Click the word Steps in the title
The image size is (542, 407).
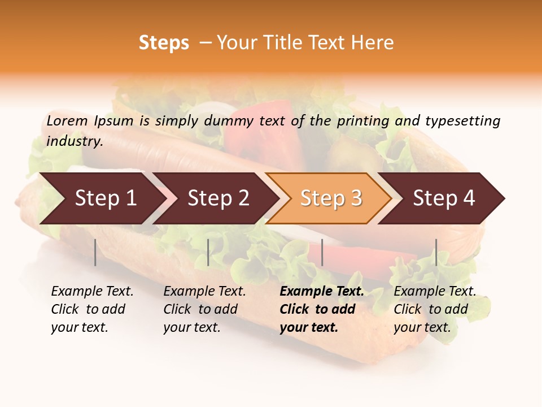click(x=164, y=43)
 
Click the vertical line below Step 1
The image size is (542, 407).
click(x=95, y=252)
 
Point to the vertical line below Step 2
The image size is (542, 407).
click(x=208, y=252)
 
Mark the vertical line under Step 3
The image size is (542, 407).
click(x=322, y=252)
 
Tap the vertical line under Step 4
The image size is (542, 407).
click(x=436, y=252)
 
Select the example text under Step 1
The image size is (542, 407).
click(x=92, y=309)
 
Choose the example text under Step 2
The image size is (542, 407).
click(x=204, y=309)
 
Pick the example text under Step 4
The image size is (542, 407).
click(x=435, y=309)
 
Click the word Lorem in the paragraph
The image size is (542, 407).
click(x=67, y=120)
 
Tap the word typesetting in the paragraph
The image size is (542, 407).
click(x=462, y=120)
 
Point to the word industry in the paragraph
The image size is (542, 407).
click(x=75, y=141)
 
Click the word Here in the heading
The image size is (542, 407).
click(x=372, y=43)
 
